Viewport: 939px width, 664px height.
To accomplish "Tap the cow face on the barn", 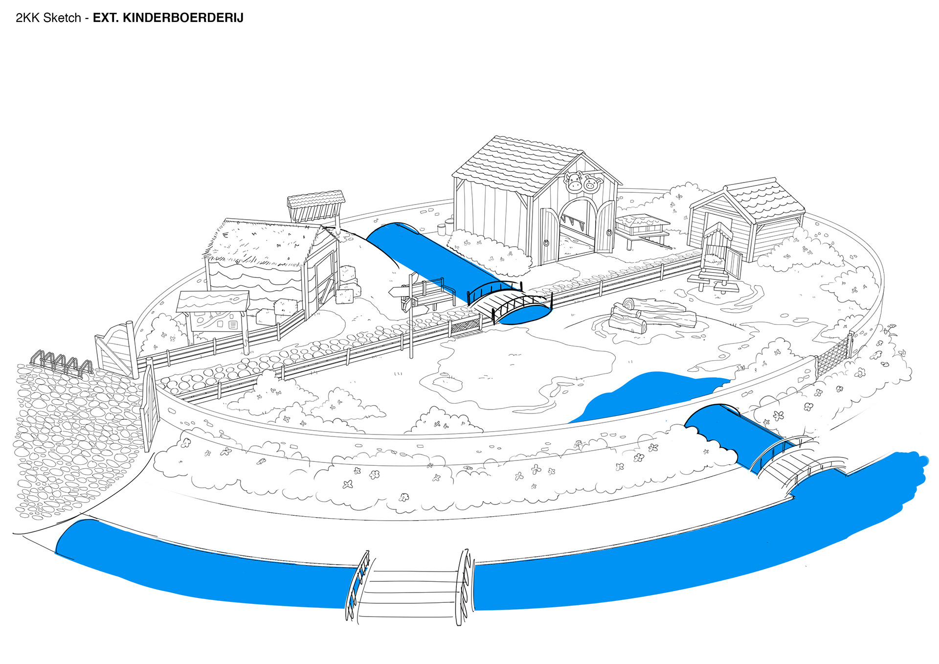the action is (x=574, y=182).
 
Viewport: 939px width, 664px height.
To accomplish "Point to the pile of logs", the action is (x=650, y=314).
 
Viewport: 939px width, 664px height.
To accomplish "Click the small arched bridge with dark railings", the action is (x=509, y=302).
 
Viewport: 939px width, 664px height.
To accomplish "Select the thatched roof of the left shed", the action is (x=264, y=242).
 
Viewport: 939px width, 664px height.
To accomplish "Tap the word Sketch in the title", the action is (x=62, y=18).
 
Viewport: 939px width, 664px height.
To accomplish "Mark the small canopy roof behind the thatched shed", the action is (x=316, y=201).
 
